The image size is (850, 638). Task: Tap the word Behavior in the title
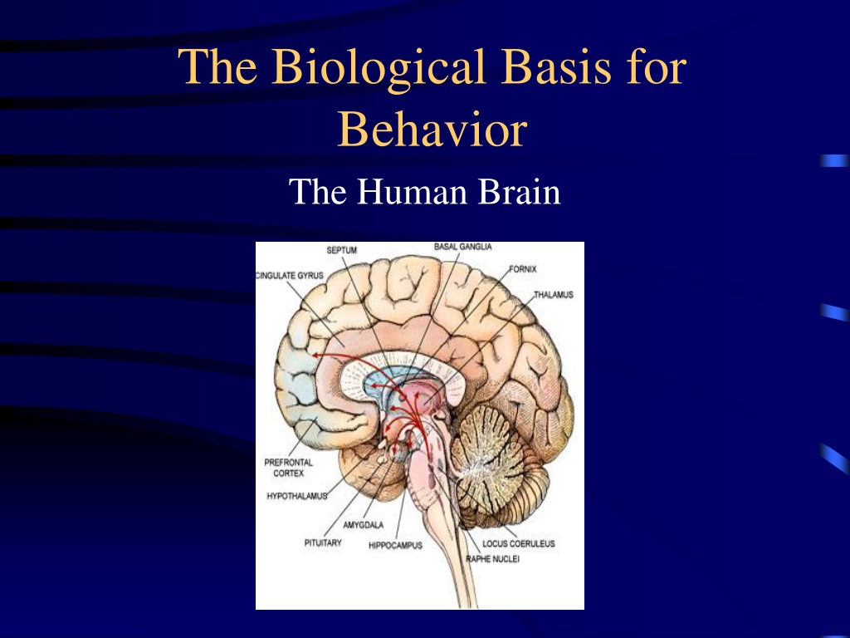432,129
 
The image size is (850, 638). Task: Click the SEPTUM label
341,250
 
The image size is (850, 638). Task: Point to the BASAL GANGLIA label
463,247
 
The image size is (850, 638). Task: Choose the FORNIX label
523,269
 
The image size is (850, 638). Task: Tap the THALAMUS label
553,295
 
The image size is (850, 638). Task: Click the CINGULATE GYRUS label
290,276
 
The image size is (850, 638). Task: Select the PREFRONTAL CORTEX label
288,468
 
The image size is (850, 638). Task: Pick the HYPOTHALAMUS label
297,496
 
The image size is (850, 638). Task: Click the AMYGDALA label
364,525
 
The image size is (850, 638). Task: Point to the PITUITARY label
323,542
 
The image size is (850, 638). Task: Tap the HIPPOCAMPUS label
395,545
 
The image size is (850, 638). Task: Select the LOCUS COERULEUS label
519,543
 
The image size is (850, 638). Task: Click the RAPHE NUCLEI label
492,559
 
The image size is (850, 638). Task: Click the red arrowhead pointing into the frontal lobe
315,356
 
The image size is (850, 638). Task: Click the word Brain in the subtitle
519,192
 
